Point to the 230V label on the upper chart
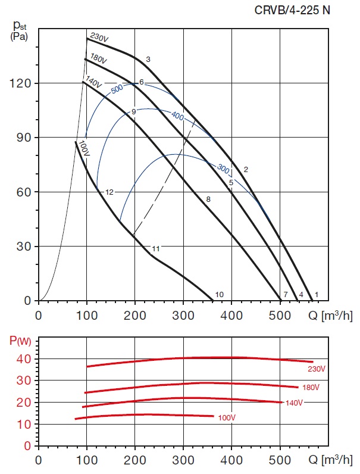(x=99, y=38)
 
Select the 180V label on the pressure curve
(x=98, y=60)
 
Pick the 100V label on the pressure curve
(x=84, y=149)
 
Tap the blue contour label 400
(x=177, y=116)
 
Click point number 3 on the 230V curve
(x=148, y=59)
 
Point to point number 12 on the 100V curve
(x=109, y=192)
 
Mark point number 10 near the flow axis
(x=219, y=294)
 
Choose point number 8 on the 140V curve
(x=208, y=199)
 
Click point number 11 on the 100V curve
(x=156, y=248)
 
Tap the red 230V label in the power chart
(x=316, y=369)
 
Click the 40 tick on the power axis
(x=24, y=359)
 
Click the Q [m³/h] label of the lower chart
(x=331, y=460)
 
